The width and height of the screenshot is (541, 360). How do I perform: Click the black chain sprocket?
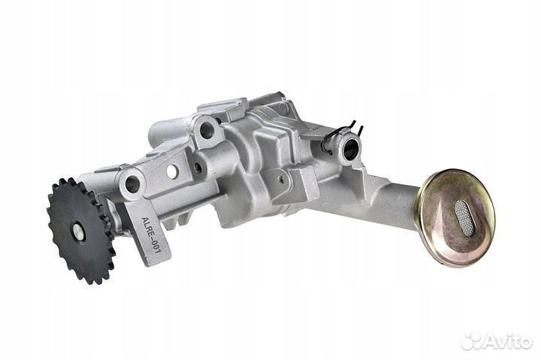point(80,231)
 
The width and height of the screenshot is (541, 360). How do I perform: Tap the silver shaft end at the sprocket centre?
point(79,232)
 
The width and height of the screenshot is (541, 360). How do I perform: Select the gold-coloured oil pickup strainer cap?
point(457,218)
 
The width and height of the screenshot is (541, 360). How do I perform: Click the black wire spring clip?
point(341,135)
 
